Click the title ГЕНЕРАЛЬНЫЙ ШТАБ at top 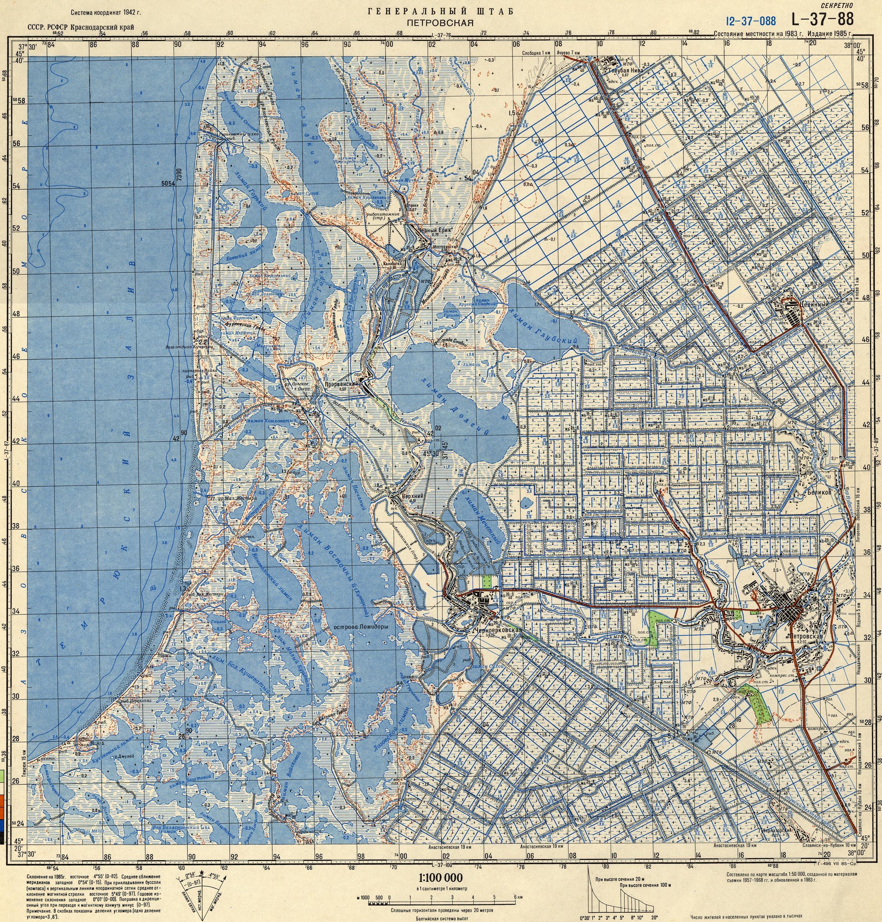[x=440, y=11]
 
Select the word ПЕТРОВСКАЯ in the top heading [x=440, y=22]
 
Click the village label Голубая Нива [x=625, y=71]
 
